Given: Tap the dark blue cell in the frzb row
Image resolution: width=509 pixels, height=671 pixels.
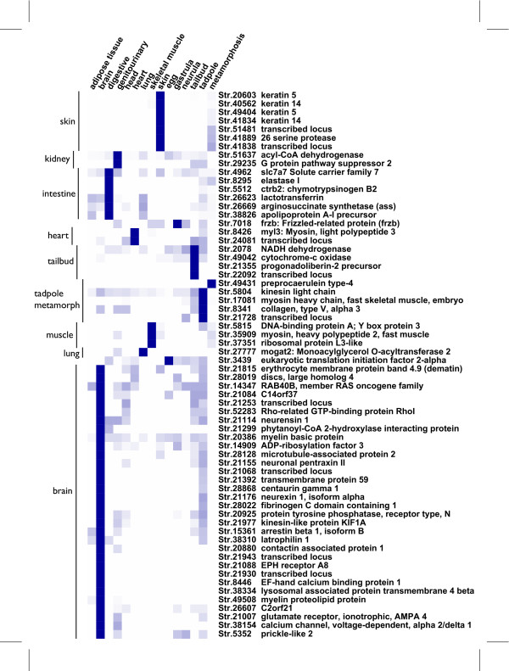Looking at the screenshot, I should point(177,223).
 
